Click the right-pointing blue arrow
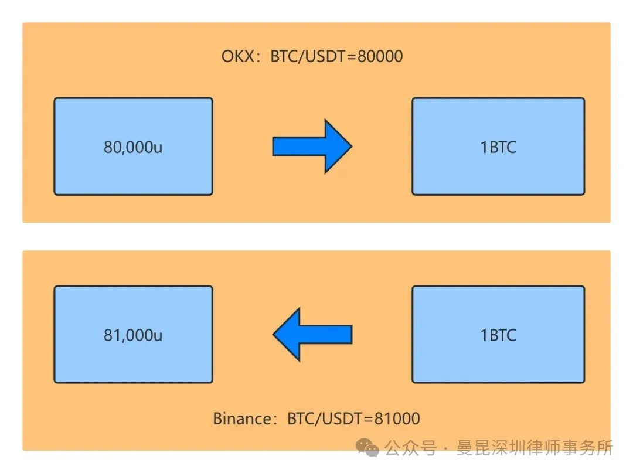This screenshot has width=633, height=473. click(312, 146)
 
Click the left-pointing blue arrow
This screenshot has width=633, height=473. click(312, 334)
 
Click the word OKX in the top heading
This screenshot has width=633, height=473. click(237, 56)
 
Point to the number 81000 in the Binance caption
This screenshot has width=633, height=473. click(398, 419)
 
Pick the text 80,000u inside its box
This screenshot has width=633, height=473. click(133, 147)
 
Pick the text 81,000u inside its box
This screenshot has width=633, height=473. click(133, 335)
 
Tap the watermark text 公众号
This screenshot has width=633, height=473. click(410, 449)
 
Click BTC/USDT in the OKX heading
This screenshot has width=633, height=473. click(308, 56)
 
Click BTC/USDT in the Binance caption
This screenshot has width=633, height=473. click(325, 419)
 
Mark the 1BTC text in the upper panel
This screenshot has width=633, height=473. click(498, 147)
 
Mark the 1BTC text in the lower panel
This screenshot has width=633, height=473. click(498, 335)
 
